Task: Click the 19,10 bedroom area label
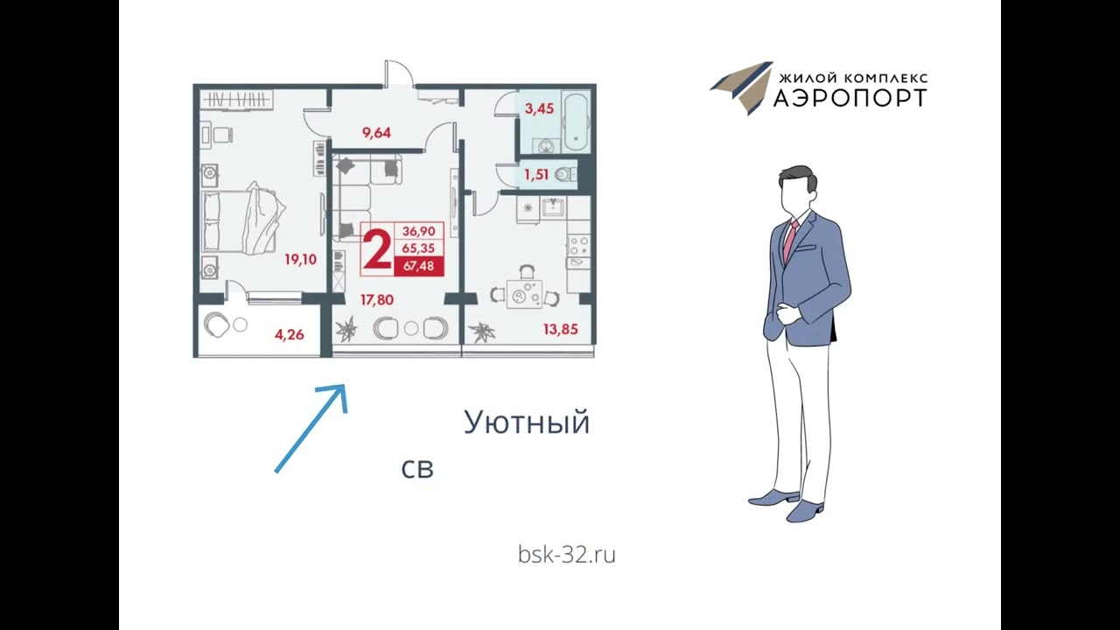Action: pyautogui.click(x=300, y=259)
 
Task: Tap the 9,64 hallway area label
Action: pyautogui.click(x=376, y=133)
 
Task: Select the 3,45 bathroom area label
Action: pyautogui.click(x=539, y=109)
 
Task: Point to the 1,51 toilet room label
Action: pyautogui.click(x=535, y=174)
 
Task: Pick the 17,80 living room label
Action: pyautogui.click(x=377, y=299)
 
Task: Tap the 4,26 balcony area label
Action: pyautogui.click(x=289, y=333)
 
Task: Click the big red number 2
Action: pyautogui.click(x=377, y=249)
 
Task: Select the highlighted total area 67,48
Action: pyautogui.click(x=418, y=267)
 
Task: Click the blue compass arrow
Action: pyautogui.click(x=311, y=428)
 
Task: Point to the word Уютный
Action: pyautogui.click(x=526, y=423)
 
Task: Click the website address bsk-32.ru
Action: pyautogui.click(x=566, y=554)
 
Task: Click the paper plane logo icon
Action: pyautogui.click(x=742, y=87)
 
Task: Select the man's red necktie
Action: pyautogui.click(x=790, y=240)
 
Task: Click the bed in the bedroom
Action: pyautogui.click(x=243, y=220)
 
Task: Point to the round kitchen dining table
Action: pyautogui.click(x=524, y=295)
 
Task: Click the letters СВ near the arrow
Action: pyautogui.click(x=417, y=469)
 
